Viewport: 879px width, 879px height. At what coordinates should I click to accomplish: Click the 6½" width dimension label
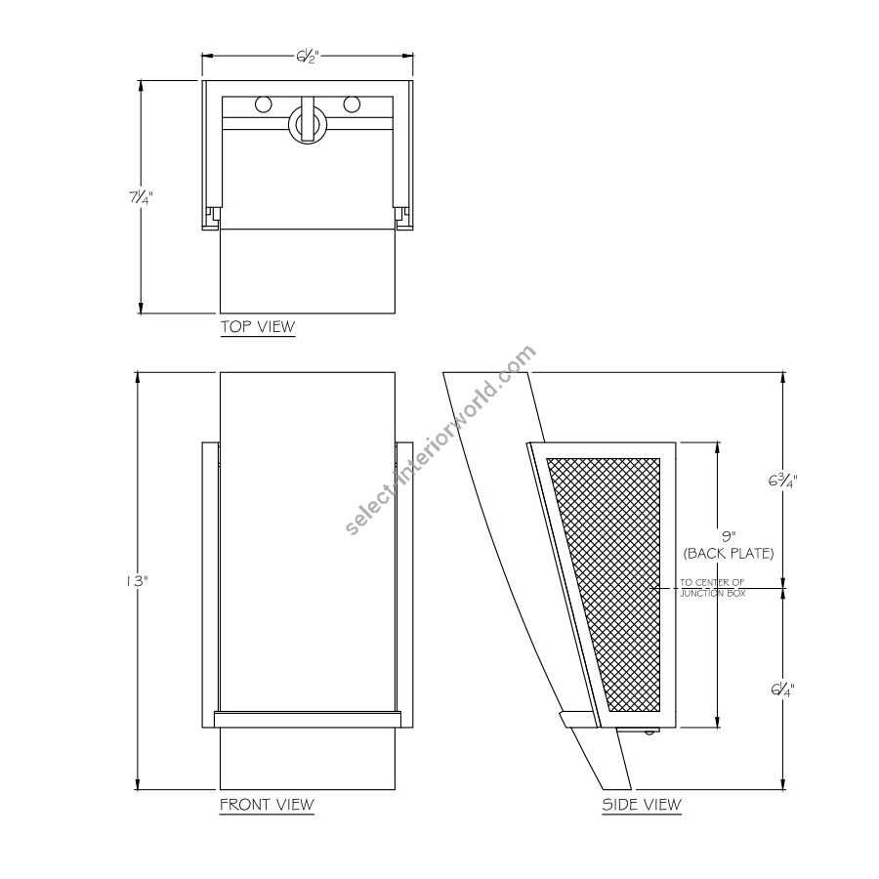(308, 57)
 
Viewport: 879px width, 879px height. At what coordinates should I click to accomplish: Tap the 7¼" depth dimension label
(141, 197)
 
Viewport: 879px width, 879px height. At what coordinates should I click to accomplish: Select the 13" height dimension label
(136, 581)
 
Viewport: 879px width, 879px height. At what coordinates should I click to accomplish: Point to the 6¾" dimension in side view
(782, 481)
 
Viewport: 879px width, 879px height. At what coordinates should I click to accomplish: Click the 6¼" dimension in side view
(782, 689)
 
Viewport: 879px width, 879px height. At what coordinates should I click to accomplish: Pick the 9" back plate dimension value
(728, 536)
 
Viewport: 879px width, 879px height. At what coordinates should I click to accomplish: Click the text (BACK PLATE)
(729, 554)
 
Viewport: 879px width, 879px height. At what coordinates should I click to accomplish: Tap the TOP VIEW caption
(258, 326)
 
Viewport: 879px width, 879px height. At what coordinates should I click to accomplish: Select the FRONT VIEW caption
(267, 805)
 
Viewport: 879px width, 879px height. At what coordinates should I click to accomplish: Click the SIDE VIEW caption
(642, 805)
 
